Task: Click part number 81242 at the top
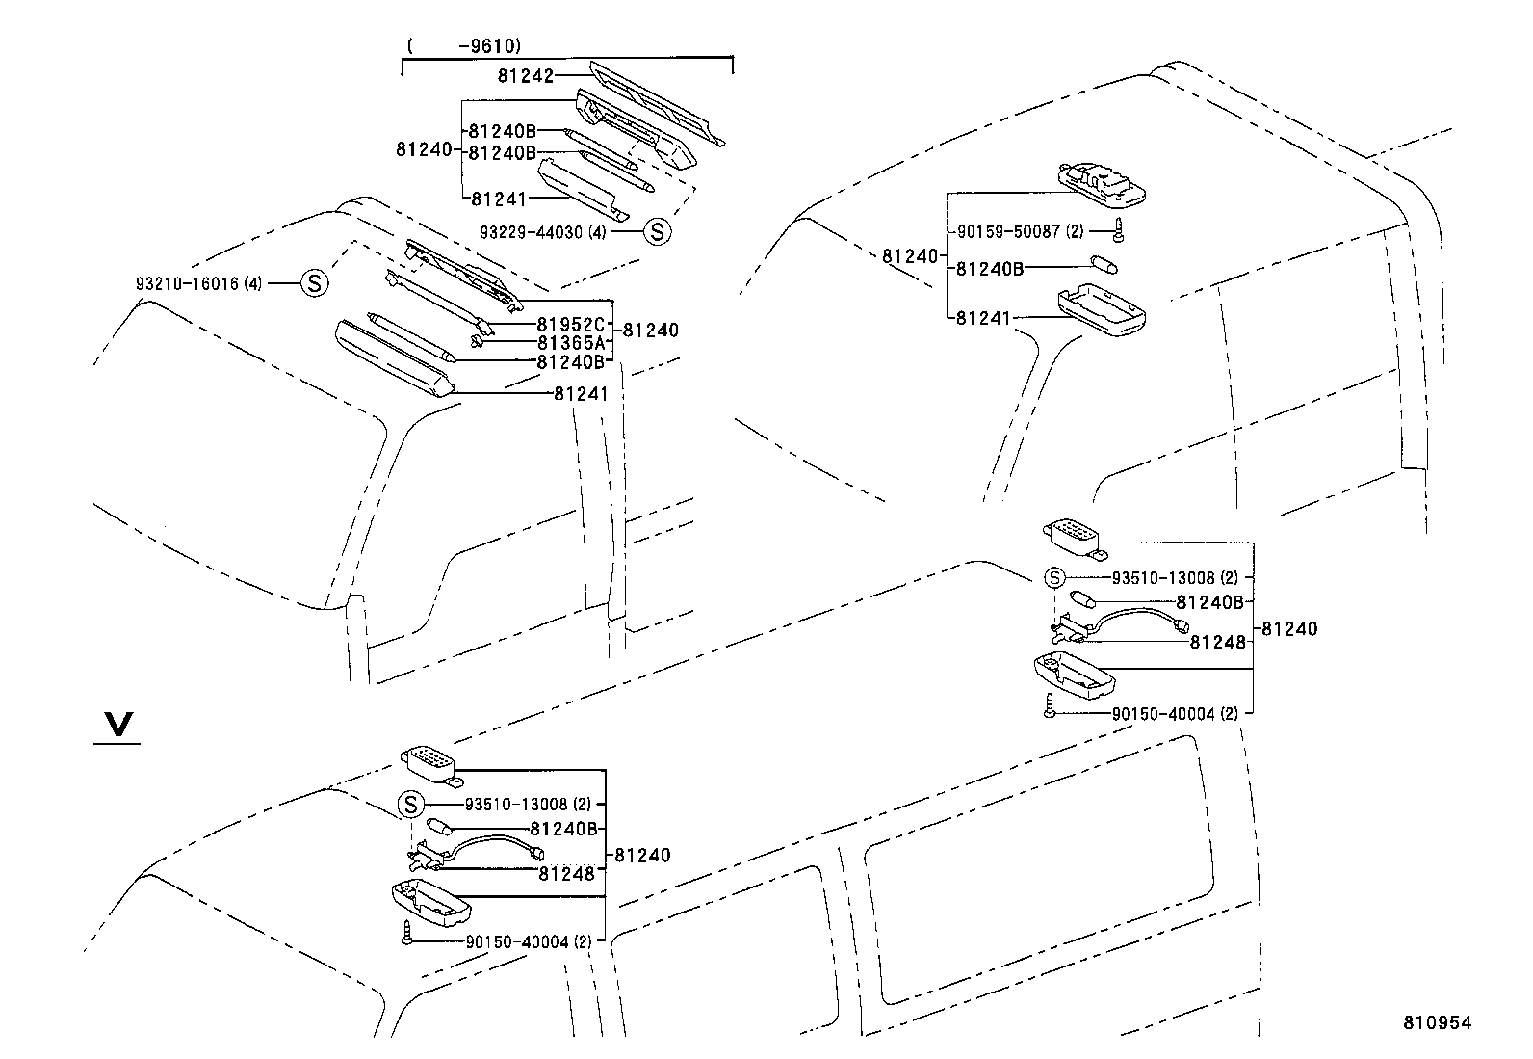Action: click(x=525, y=75)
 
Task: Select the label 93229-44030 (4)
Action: click(x=543, y=232)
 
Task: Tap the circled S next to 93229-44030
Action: click(x=656, y=231)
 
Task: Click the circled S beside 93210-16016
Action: click(x=315, y=283)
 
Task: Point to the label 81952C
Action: click(x=570, y=325)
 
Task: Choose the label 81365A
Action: click(x=570, y=343)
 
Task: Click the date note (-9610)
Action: click(x=463, y=45)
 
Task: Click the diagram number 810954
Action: click(x=1436, y=1023)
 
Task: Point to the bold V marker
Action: click(x=117, y=726)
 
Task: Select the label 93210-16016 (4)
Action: click(x=198, y=283)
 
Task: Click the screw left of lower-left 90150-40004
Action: click(x=407, y=932)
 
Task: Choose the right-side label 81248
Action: click(x=1217, y=642)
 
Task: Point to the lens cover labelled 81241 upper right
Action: click(x=1101, y=311)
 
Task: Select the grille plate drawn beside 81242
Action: click(x=655, y=101)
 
